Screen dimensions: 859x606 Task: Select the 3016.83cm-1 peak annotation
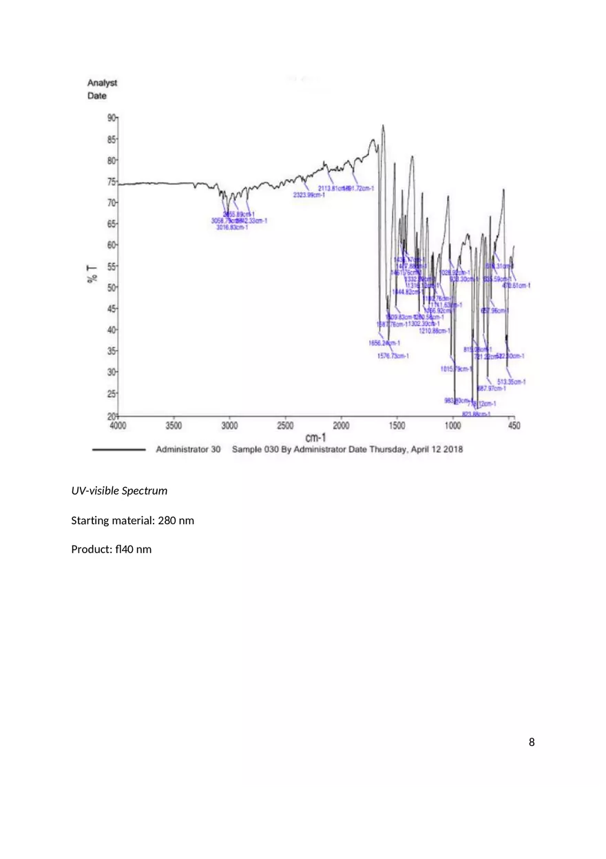click(232, 227)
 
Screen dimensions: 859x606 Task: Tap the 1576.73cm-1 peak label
click(393, 356)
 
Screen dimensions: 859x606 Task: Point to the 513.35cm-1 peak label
click(512, 382)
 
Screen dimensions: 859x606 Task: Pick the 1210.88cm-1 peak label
click(435, 331)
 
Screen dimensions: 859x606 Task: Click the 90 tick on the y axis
click(112, 118)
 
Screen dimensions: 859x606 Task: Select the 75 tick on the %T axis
click(112, 182)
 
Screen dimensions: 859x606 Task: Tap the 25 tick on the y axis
click(112, 393)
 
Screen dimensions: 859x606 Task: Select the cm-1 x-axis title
click(315, 438)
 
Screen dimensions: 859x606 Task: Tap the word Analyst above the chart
click(102, 83)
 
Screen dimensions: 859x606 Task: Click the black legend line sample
click(118, 450)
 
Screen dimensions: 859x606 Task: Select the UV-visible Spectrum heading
click(119, 491)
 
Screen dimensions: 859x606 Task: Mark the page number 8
click(531, 742)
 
